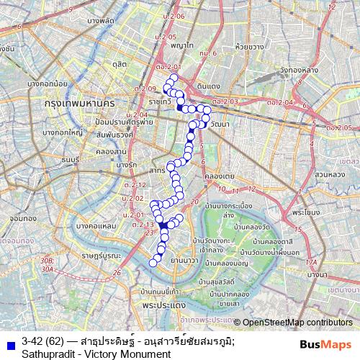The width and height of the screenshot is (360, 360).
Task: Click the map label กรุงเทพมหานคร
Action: click(81, 104)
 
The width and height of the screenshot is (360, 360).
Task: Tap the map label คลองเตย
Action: click(217, 176)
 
